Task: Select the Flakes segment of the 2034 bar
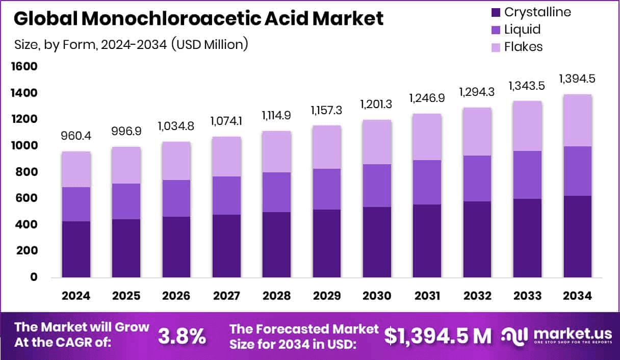tap(578, 120)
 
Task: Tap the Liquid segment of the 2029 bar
tap(327, 189)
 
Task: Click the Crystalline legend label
tap(537, 12)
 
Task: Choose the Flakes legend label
tap(523, 47)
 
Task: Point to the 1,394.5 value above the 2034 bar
tap(577, 79)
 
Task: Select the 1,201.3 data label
tap(377, 105)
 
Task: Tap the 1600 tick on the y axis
tap(24, 67)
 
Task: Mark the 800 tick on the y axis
tap(27, 172)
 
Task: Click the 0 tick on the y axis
tap(33, 277)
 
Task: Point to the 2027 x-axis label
tap(226, 296)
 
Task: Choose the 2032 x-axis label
tap(477, 296)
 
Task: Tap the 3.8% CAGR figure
tap(182, 336)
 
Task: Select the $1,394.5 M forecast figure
tap(438, 336)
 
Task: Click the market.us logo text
tap(573, 333)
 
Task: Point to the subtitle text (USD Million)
tap(209, 44)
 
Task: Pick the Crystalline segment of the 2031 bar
tap(427, 241)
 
